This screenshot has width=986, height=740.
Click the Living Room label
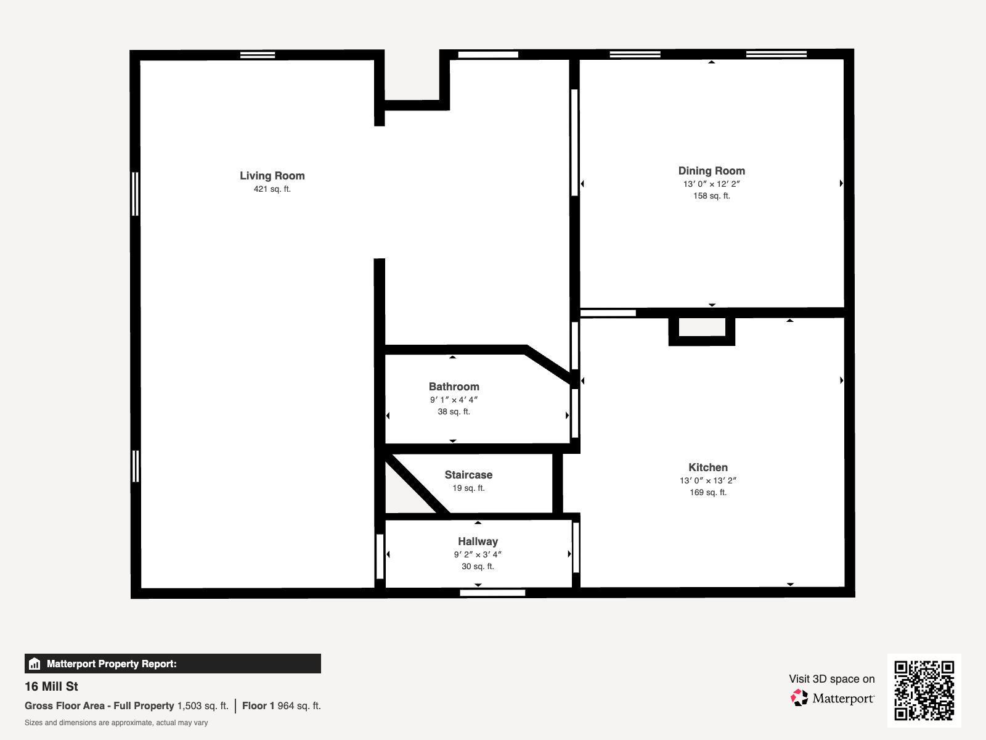[x=272, y=176]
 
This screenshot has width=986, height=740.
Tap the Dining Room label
[x=712, y=171]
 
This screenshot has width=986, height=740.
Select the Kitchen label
[x=708, y=467]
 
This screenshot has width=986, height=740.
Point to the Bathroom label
[x=454, y=387]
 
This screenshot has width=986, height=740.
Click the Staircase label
[x=468, y=475]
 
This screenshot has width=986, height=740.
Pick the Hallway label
[x=478, y=541]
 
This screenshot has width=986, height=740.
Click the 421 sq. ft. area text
[x=272, y=189]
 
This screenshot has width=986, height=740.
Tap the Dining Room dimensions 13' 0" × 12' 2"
[x=712, y=184]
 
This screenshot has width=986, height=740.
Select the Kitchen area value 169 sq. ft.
[x=708, y=493]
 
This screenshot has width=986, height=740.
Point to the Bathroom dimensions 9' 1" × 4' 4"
[x=454, y=400]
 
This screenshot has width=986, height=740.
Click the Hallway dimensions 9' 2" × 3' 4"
[x=478, y=554]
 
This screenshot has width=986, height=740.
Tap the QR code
[x=924, y=690]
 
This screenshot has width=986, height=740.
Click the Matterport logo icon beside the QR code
[x=799, y=698]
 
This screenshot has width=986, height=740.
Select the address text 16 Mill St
[x=51, y=686]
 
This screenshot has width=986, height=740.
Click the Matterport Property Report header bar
[x=173, y=664]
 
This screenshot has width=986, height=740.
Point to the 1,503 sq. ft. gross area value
[x=203, y=706]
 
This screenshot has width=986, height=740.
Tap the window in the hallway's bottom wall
[x=492, y=593]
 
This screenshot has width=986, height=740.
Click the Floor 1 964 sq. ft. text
[x=282, y=706]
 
